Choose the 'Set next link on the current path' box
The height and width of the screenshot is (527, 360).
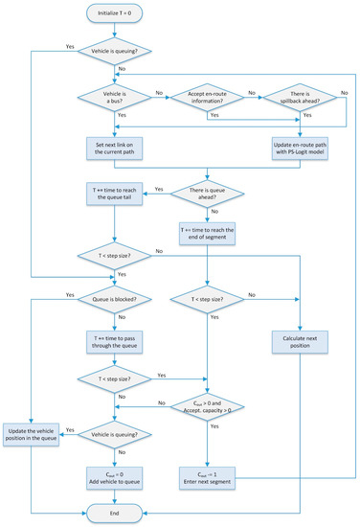click(115, 149)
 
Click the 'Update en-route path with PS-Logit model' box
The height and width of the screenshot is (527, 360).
click(303, 149)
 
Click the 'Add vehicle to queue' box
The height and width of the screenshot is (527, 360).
click(115, 472)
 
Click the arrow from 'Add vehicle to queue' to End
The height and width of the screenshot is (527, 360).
click(115, 493)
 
